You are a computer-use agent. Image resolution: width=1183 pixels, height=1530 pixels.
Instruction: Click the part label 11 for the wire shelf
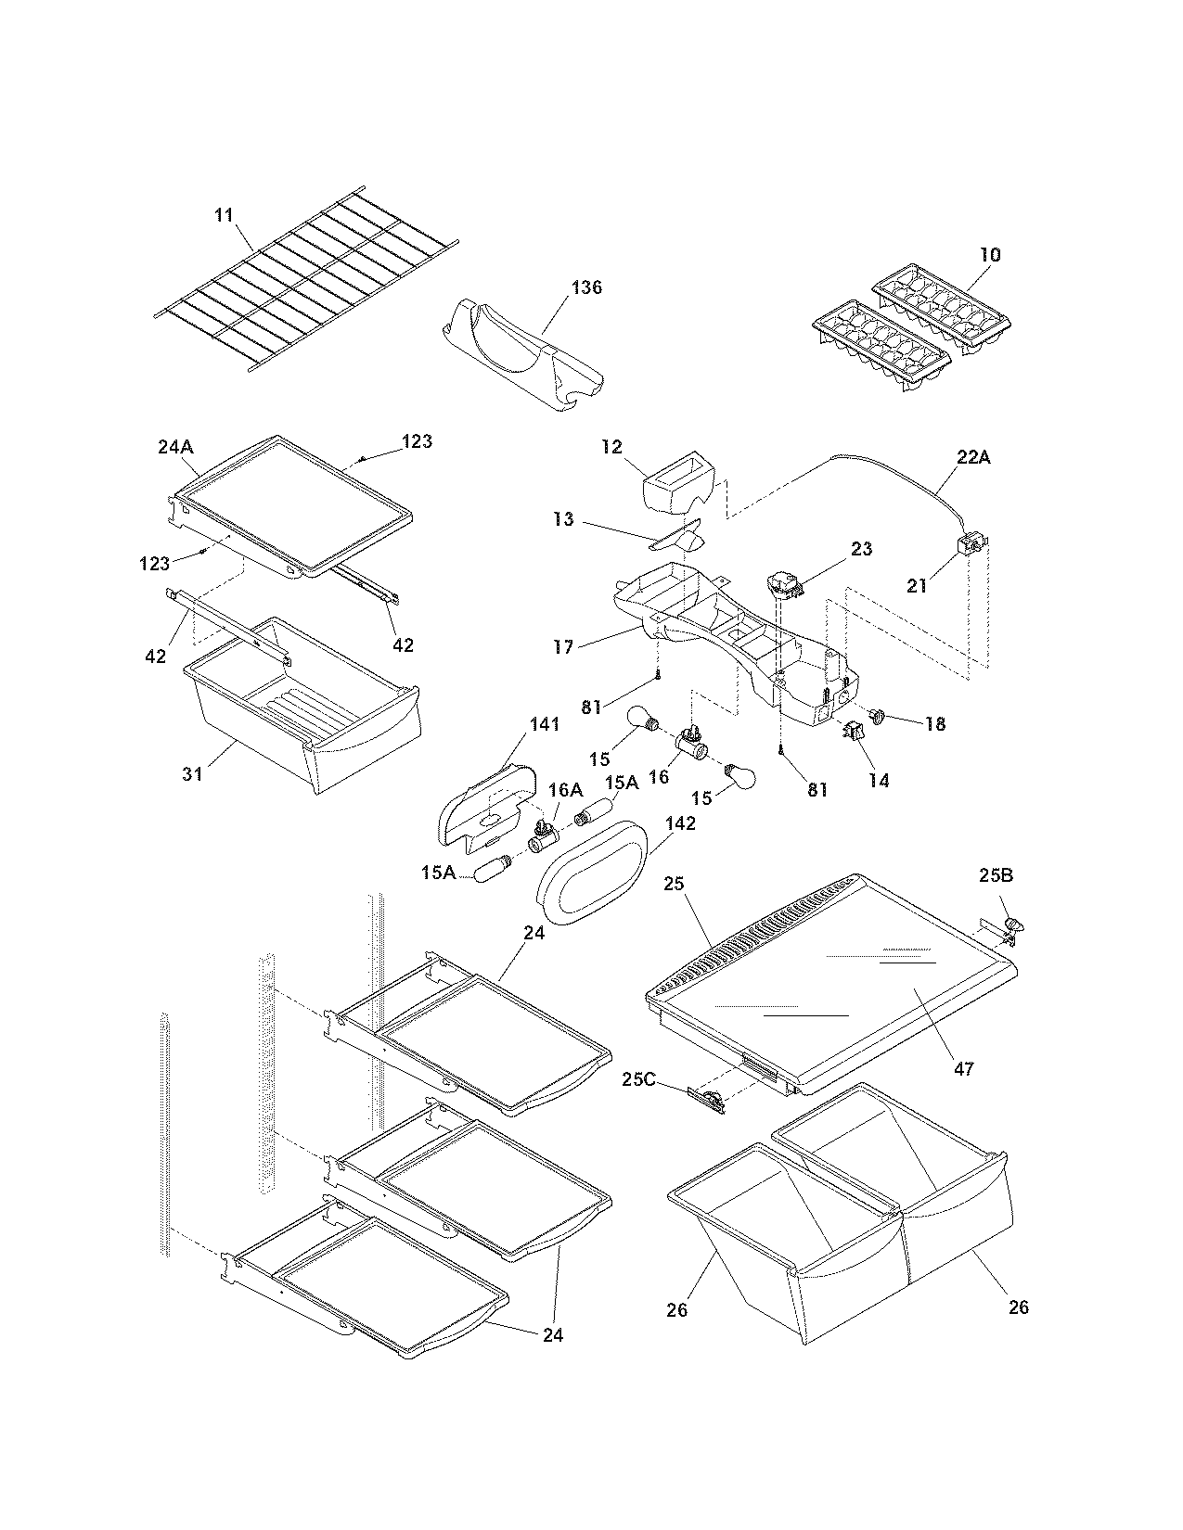click(x=223, y=215)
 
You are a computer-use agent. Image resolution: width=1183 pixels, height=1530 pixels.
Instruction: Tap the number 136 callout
click(x=586, y=287)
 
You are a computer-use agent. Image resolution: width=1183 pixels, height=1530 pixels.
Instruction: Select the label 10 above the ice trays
click(x=990, y=254)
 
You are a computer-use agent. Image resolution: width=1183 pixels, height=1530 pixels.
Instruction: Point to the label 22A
click(x=972, y=457)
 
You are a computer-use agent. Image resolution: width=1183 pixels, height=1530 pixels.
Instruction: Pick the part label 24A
click(x=175, y=446)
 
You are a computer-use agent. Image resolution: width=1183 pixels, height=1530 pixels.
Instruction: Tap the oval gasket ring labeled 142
click(x=594, y=872)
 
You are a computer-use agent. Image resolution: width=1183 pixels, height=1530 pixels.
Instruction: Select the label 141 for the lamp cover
click(x=546, y=724)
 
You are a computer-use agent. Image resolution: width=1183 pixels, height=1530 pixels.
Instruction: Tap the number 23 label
click(x=861, y=549)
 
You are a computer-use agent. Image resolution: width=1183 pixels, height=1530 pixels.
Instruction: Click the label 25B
click(x=996, y=874)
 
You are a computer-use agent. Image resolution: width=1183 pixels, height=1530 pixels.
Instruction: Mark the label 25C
click(x=639, y=1078)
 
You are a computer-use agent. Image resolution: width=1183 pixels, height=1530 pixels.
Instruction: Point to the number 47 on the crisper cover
click(x=964, y=1069)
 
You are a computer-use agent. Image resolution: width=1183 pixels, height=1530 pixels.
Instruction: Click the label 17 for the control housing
click(x=563, y=646)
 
